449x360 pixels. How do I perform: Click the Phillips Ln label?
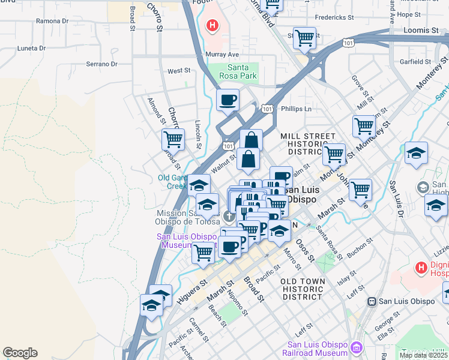[300, 109]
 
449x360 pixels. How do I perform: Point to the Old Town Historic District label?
[303, 289]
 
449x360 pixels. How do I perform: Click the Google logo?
[20, 353]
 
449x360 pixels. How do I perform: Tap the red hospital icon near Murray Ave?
[212, 25]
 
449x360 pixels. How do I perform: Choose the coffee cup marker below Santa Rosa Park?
[228, 100]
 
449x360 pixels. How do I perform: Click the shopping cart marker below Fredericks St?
[305, 38]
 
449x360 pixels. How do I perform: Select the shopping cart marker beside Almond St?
[173, 139]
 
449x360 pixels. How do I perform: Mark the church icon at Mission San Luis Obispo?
[229, 217]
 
